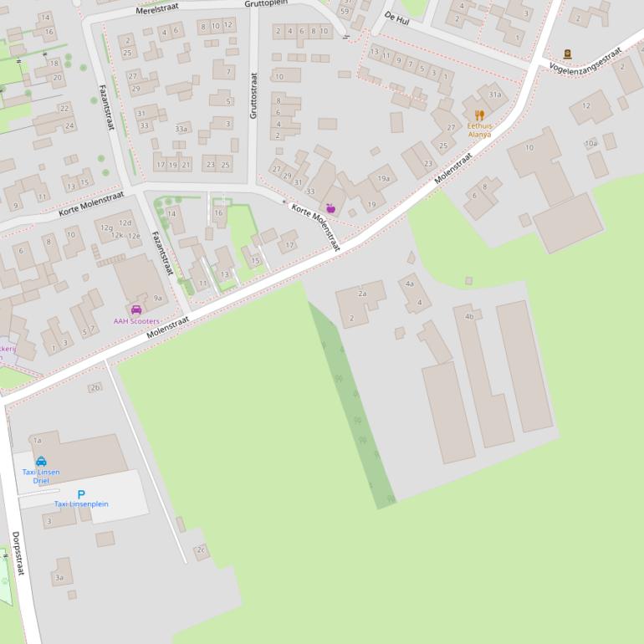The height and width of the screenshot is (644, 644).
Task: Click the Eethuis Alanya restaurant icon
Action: [x=479, y=115]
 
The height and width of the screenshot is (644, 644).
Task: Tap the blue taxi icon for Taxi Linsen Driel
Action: [x=41, y=461]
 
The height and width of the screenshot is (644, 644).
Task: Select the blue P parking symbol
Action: [x=81, y=494]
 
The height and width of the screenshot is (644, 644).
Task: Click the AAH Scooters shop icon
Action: [x=136, y=309]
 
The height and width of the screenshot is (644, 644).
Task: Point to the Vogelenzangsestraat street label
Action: [x=585, y=59]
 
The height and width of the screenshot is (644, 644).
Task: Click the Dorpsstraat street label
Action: [x=18, y=553]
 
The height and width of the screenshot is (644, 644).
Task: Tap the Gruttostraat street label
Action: [x=253, y=95]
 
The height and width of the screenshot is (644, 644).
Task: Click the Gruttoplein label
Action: [x=265, y=3]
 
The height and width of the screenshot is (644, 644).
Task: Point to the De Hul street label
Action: [x=396, y=18]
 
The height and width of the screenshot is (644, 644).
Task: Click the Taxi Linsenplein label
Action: [x=81, y=504]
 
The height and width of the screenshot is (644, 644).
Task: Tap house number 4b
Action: [x=469, y=316]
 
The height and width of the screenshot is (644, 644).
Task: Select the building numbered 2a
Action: [x=362, y=294]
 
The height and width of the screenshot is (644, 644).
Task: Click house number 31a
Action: [x=495, y=95]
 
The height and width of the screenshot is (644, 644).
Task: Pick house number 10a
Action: [x=591, y=144]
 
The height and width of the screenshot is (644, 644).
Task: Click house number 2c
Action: [x=201, y=549]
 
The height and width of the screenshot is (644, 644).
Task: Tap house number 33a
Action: [x=181, y=129]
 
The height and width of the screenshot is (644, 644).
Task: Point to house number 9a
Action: [x=157, y=298]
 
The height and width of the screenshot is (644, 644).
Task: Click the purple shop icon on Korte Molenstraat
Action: [x=330, y=207]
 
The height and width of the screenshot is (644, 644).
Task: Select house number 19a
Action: [x=384, y=178]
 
